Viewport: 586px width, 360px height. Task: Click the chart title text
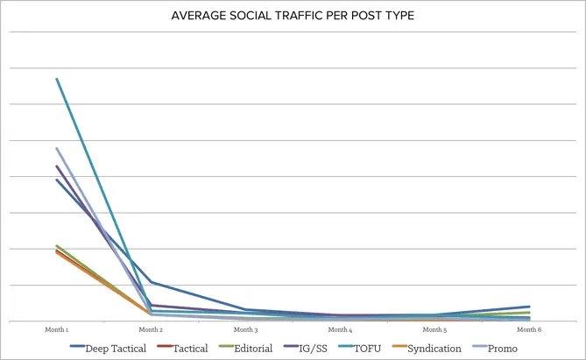tap(293, 17)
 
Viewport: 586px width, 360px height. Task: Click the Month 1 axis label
tap(57, 330)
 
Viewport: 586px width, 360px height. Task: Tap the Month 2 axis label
tap(151, 330)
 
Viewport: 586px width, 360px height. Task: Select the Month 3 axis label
tap(245, 330)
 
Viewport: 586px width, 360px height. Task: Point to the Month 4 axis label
tap(340, 330)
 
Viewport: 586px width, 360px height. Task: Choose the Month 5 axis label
tap(434, 330)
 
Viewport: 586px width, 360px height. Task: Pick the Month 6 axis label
tap(528, 330)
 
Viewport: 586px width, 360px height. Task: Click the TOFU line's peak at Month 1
tap(57, 79)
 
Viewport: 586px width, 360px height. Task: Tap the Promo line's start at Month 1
tap(57, 148)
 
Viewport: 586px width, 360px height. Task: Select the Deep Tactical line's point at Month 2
tap(151, 282)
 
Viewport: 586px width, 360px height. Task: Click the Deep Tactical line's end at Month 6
tap(530, 307)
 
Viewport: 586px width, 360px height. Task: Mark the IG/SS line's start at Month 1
tap(57, 166)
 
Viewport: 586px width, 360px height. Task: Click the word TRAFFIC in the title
tap(299, 17)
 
